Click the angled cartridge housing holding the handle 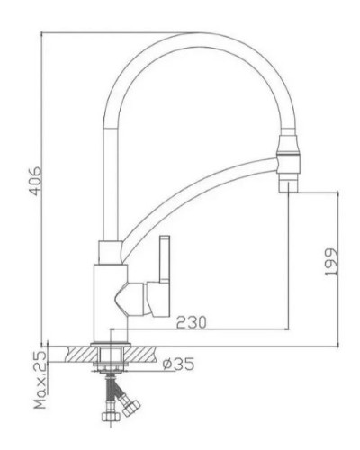pyautogui.click(x=132, y=297)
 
